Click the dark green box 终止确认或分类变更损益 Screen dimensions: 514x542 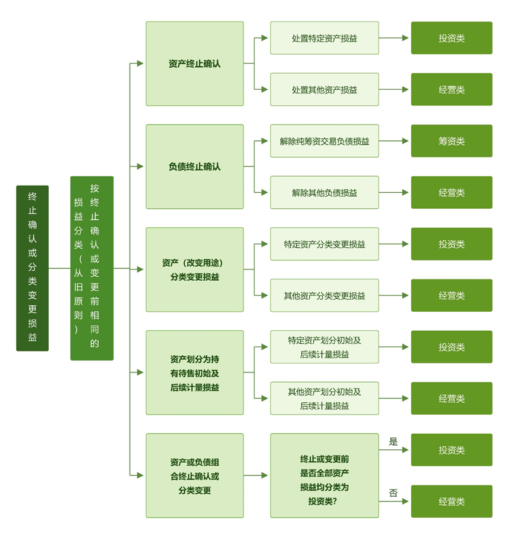click(33, 268)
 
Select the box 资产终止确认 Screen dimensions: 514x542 click(195, 64)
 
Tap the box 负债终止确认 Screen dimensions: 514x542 click(195, 167)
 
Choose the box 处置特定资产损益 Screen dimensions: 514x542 click(324, 38)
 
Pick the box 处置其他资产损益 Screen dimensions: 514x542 click(324, 89)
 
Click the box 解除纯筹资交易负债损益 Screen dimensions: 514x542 click(324, 141)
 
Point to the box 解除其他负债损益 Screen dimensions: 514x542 click(324, 192)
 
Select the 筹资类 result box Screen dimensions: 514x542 click(452, 141)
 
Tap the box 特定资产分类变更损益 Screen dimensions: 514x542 click(324, 244)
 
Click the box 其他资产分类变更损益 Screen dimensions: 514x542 click(324, 295)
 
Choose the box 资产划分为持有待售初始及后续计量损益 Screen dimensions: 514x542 click(195, 372)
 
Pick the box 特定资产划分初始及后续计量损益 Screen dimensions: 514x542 click(324, 347)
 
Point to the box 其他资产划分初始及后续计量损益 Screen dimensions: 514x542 click(324, 398)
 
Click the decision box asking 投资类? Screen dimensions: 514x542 click(324, 475)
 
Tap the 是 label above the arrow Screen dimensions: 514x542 click(393, 441)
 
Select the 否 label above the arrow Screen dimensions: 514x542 click(393, 493)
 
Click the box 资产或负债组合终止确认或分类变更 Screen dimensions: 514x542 click(195, 475)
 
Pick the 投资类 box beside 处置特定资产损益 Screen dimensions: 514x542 click(452, 38)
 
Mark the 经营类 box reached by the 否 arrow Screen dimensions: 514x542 click(452, 501)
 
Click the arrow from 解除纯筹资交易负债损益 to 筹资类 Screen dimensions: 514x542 click(394, 141)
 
